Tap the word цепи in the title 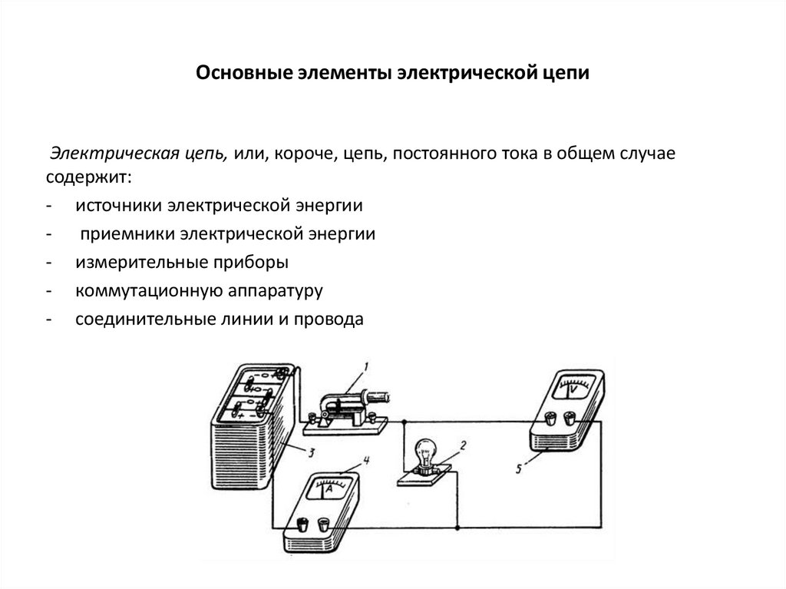(x=566, y=74)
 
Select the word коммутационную (x=143, y=291)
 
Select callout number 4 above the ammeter (x=366, y=461)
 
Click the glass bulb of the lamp (x=424, y=451)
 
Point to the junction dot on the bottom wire (x=457, y=528)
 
